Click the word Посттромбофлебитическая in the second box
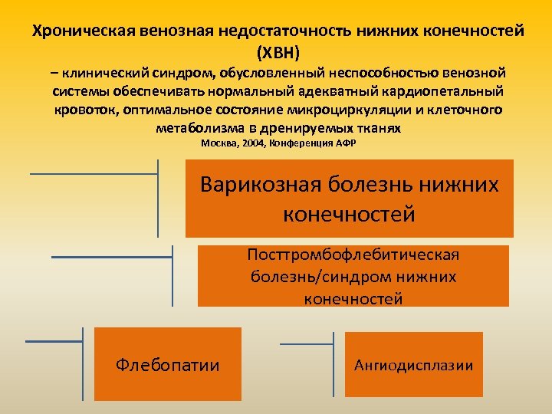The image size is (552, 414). click(x=353, y=255)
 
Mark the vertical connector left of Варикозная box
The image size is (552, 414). click(x=158, y=198)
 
